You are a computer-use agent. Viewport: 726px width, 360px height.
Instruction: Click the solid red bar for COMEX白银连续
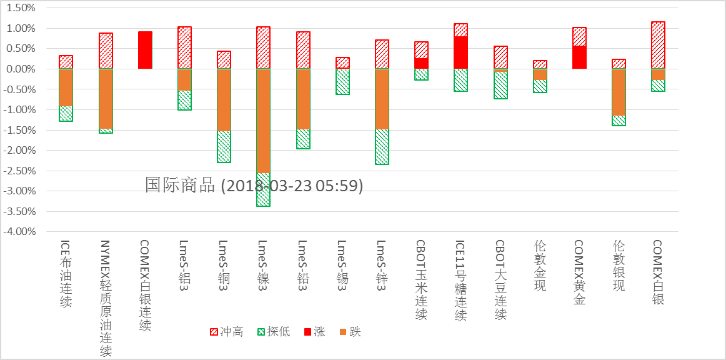pos(145,50)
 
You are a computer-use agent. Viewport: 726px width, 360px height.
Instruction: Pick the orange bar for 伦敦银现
pos(619,92)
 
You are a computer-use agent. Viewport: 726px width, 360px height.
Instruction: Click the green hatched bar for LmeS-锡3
pos(342,81)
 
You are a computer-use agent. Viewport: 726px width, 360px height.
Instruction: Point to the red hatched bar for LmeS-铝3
pos(184,47)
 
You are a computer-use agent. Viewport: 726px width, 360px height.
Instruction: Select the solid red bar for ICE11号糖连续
pos(460,52)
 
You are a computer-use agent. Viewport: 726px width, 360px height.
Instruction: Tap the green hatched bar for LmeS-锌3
pos(382,146)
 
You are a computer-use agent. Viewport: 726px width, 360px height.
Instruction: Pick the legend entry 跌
pos(350,332)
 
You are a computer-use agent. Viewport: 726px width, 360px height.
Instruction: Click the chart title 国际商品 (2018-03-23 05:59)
pos(254,185)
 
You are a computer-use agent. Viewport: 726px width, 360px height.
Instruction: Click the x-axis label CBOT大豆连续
pos(500,280)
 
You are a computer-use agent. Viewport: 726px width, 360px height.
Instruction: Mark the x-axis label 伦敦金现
pos(540,266)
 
